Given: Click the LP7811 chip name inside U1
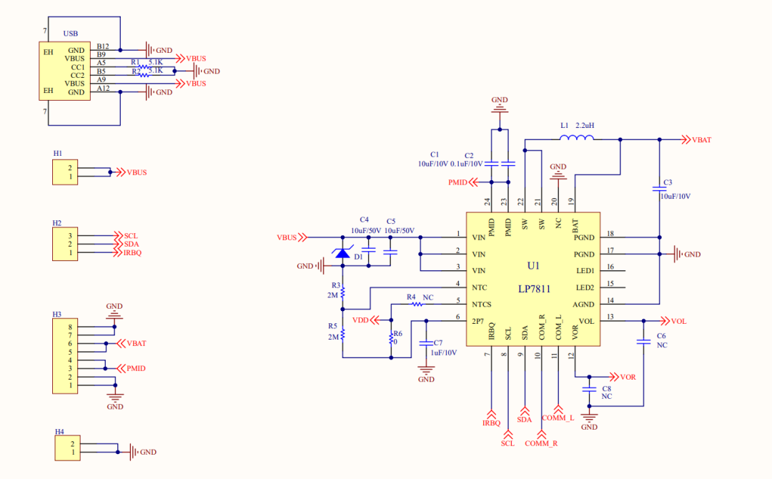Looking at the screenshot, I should pyautogui.click(x=534, y=288).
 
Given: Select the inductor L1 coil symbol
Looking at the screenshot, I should pyautogui.click(x=576, y=139).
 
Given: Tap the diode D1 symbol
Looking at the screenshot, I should pyautogui.click(x=343, y=252).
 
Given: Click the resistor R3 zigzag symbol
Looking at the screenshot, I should pyautogui.click(x=343, y=292).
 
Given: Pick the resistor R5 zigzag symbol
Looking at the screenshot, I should pyautogui.click(x=343, y=335).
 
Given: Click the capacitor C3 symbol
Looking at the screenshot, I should pyautogui.click(x=659, y=189).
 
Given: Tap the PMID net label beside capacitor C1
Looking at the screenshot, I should pyautogui.click(x=457, y=183).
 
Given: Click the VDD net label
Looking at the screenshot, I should pyautogui.click(x=360, y=320).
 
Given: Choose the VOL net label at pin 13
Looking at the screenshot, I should pyautogui.click(x=678, y=321).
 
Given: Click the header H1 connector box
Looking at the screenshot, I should pyautogui.click(x=64, y=172).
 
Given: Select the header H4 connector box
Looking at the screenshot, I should pyautogui.click(x=67, y=448).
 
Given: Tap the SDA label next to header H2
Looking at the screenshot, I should pyautogui.click(x=131, y=244).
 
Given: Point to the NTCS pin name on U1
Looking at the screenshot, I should pyautogui.click(x=482, y=305).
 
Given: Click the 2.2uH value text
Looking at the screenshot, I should pyautogui.click(x=585, y=125).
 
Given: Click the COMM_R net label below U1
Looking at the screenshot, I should pyautogui.click(x=541, y=443).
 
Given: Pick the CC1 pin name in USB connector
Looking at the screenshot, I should pyautogui.click(x=77, y=66).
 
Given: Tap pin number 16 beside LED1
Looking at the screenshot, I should pyautogui.click(x=610, y=267).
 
